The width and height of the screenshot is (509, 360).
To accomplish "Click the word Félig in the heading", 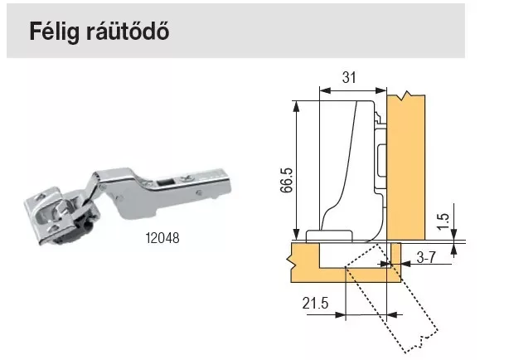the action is coord(55,32).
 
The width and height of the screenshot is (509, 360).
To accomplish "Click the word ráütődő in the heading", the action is coord(128,32).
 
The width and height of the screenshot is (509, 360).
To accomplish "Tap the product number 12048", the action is coord(162,238).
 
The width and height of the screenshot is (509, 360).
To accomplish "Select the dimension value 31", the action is coord(349,78).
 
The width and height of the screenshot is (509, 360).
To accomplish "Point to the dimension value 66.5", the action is coord(287,180).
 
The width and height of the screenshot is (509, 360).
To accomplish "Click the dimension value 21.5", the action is coord(315,304).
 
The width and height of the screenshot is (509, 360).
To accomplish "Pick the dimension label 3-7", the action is coord(426,258).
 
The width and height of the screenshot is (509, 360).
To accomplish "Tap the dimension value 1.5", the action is coord(443,221).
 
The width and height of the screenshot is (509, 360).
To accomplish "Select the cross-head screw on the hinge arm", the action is coord(187,178).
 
